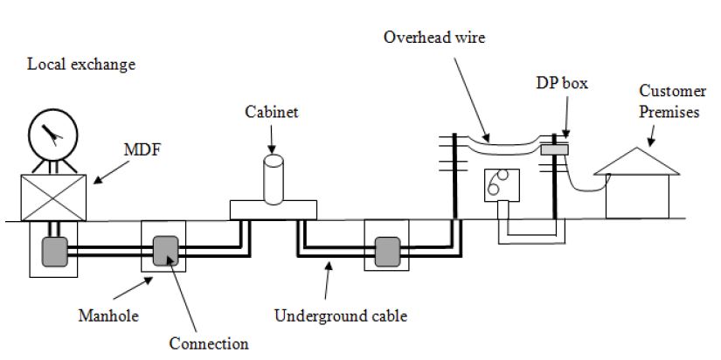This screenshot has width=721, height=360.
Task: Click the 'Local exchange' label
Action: tap(81, 65)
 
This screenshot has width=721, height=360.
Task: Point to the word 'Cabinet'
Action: tap(269, 112)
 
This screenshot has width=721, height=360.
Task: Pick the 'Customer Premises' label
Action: tap(669, 101)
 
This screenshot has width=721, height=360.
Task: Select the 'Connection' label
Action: tap(209, 343)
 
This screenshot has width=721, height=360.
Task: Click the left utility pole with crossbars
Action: tap(454, 175)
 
